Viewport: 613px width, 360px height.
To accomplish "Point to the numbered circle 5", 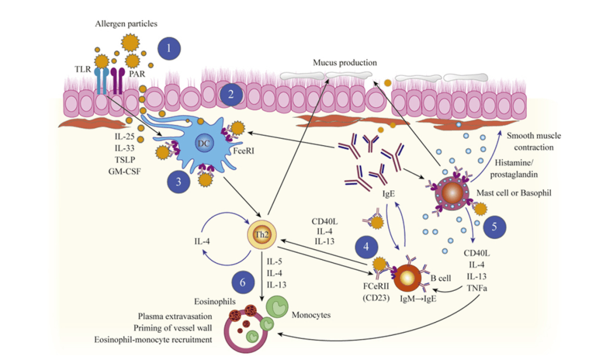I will click(x=494, y=225).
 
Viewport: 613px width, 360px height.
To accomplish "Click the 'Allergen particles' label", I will click(x=127, y=23).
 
